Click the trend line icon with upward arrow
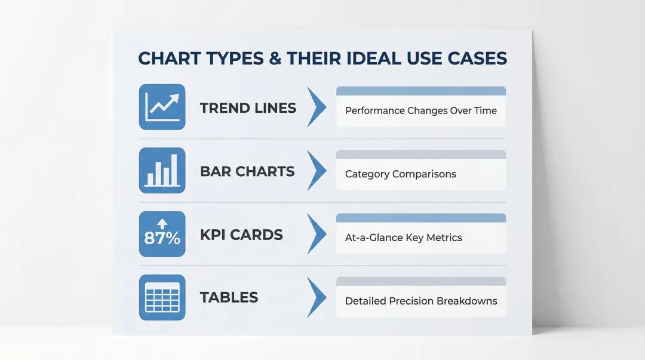162,107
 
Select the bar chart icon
162,170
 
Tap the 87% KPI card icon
162,234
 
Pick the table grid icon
162,297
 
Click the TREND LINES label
248,108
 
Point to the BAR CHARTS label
247,171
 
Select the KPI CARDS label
241,235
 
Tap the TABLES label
229,297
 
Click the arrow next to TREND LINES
317,107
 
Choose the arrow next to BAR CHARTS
317,171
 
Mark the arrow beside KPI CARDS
317,234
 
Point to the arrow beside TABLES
317,297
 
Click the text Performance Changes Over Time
420,110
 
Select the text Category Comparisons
400,174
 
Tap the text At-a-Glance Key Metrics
403,238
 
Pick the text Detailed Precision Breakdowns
420,301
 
